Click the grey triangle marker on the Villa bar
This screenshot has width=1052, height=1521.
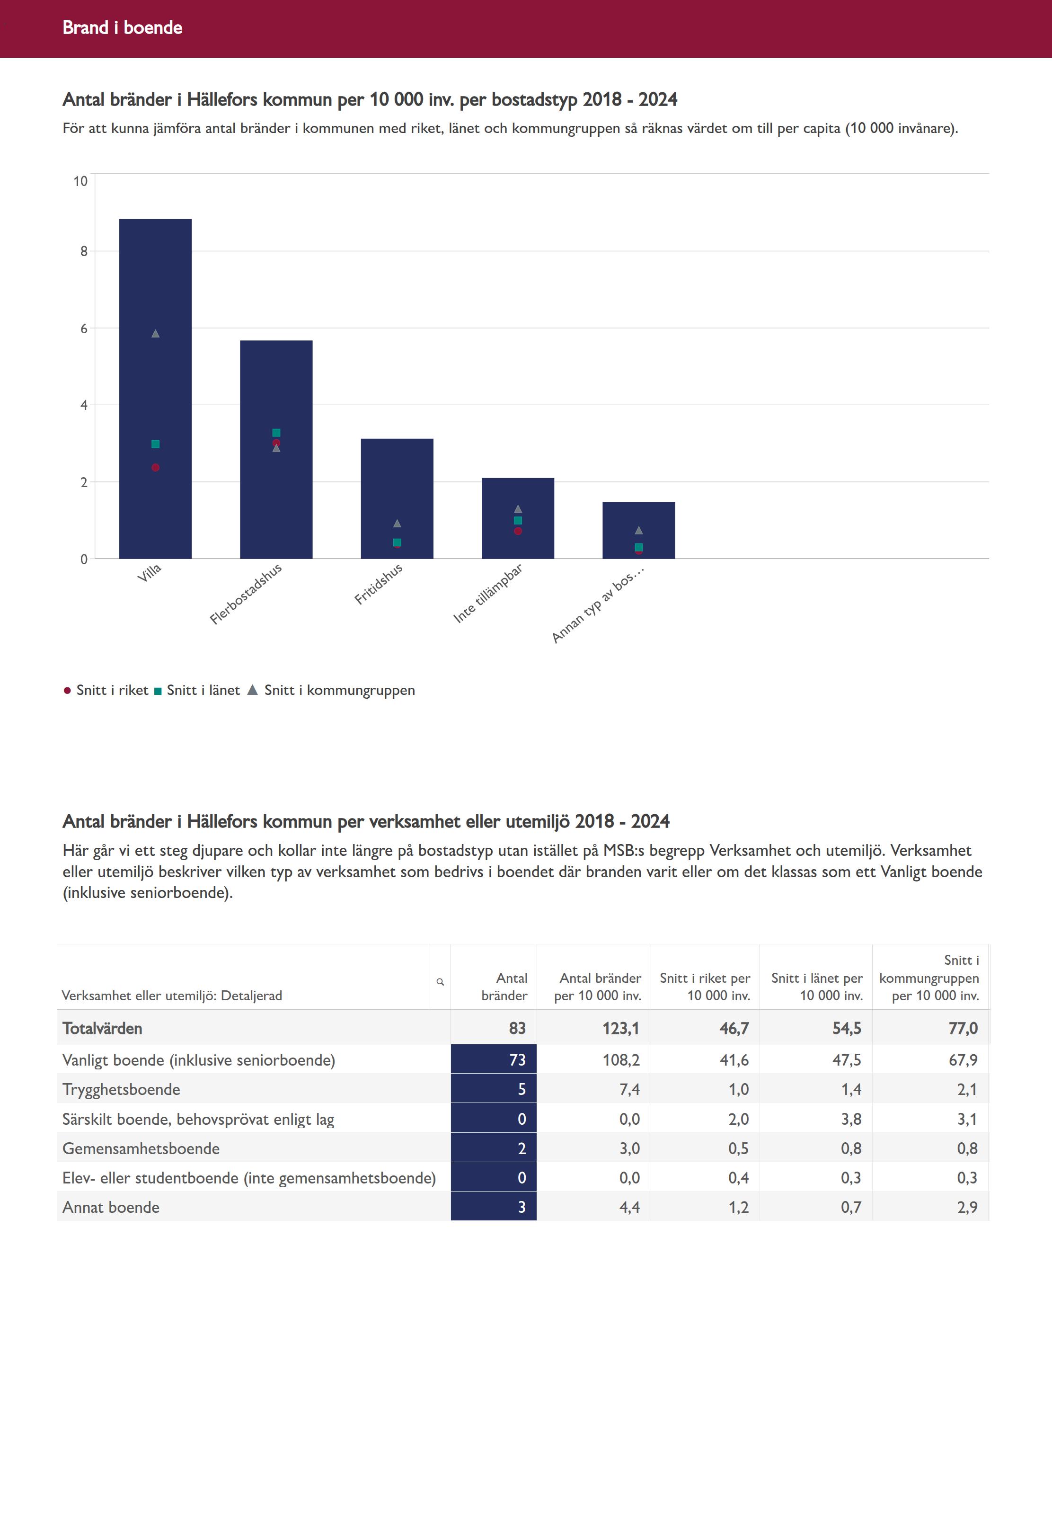[x=156, y=334]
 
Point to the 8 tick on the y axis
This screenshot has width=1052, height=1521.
[x=84, y=251]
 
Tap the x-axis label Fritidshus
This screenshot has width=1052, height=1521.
[x=379, y=584]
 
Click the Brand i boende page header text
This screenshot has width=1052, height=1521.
[x=123, y=27]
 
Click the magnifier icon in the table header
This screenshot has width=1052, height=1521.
[x=440, y=982]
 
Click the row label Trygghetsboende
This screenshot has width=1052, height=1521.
[x=121, y=1089]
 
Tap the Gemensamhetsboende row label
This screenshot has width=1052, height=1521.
[x=141, y=1148]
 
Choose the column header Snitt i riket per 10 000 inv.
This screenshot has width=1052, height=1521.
[x=705, y=987]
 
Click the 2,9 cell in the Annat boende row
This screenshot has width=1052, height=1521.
[x=967, y=1207]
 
